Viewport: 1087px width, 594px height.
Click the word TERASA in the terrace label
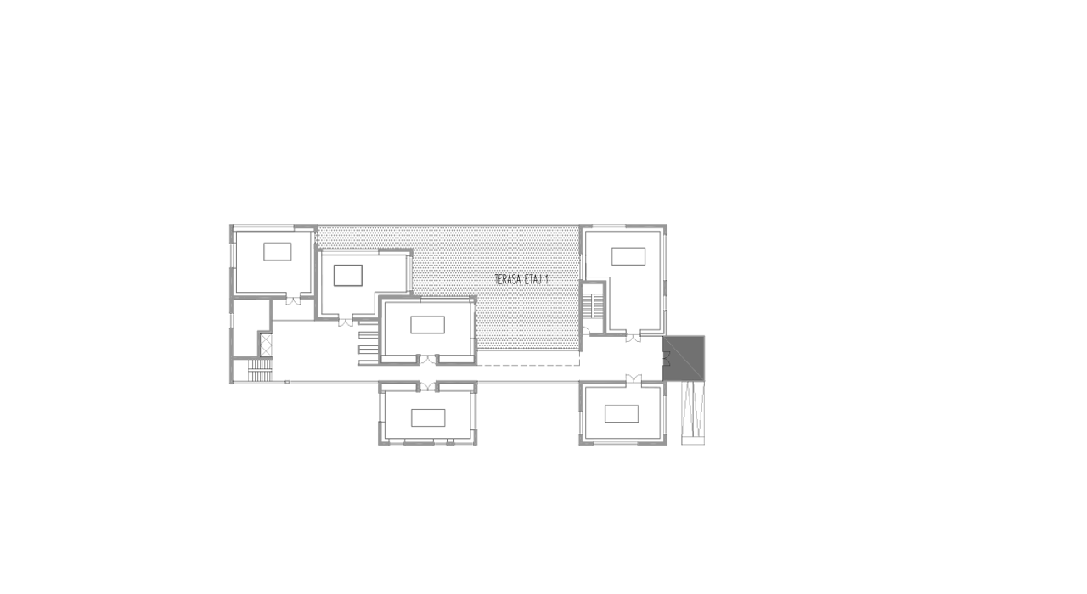507,279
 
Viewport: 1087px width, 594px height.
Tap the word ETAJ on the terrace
533,279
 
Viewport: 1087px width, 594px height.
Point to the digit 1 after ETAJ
547,279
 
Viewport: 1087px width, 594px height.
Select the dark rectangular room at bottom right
622,413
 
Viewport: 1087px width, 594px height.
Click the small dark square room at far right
684,357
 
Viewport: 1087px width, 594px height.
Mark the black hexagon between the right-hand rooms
633,356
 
